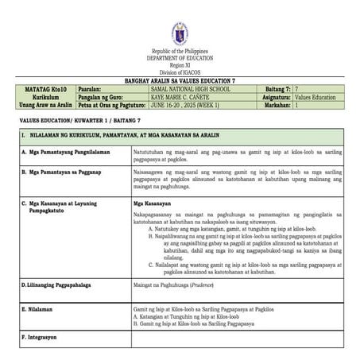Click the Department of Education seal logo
180,33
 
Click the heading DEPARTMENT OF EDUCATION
180,59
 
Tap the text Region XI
180,65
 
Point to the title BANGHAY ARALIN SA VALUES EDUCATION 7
180,81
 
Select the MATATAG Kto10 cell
46,90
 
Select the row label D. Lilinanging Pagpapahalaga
63,282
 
